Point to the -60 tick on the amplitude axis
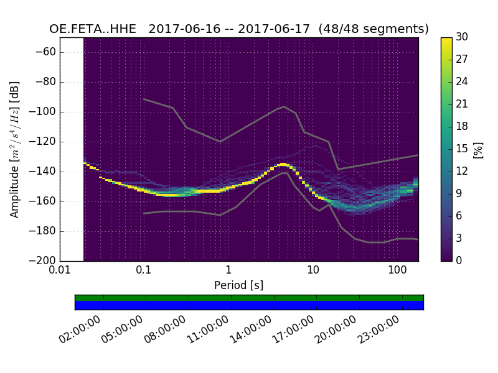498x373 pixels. pyautogui.click(x=48, y=52)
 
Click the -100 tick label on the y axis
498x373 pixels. pyautogui.click(x=45, y=112)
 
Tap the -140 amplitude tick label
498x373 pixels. pyautogui.click(x=45, y=172)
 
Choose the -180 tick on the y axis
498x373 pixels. pyautogui.click(x=45, y=231)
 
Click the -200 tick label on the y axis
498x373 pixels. pyautogui.click(x=45, y=260)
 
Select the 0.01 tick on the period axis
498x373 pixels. pyautogui.click(x=59, y=270)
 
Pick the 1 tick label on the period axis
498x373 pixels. pyautogui.click(x=228, y=270)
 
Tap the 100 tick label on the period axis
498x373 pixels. pyautogui.click(x=397, y=270)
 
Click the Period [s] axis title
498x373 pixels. pyautogui.click(x=239, y=285)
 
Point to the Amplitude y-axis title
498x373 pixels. pyautogui.click(x=15, y=149)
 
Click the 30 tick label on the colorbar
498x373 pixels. pyautogui.click(x=462, y=37)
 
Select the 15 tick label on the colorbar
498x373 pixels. pyautogui.click(x=462, y=149)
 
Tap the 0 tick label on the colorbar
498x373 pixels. pyautogui.click(x=459, y=260)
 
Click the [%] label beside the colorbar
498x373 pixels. pyautogui.click(x=478, y=149)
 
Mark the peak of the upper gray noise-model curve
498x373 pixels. pyautogui.click(x=284, y=106)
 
